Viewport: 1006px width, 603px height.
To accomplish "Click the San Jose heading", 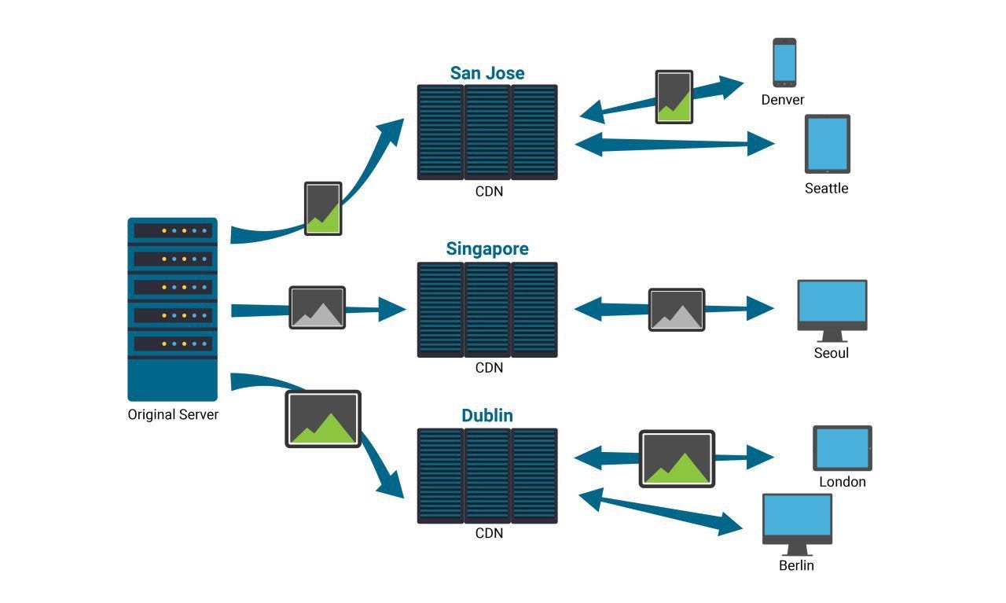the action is tap(487, 73).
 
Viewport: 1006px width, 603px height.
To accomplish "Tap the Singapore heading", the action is tap(487, 249).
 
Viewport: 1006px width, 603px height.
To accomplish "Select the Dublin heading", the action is tap(487, 416).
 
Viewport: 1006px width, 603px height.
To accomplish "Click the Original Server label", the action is tap(173, 414).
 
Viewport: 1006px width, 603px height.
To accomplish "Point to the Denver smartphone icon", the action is tap(784, 62).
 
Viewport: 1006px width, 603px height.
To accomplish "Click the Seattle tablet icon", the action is tap(828, 144).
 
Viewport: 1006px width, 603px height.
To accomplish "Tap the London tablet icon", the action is tap(843, 448).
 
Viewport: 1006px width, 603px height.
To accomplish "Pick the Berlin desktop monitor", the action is tap(797, 524).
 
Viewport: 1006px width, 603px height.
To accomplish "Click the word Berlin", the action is tap(796, 565).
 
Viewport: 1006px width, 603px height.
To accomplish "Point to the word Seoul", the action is tap(832, 353).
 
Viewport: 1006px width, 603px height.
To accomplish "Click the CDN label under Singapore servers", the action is tap(489, 368).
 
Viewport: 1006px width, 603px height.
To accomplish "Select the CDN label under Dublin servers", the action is tap(489, 533).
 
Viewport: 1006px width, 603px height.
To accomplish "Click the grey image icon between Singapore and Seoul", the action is tap(677, 310).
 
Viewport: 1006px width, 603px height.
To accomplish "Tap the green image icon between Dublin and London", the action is tap(677, 459).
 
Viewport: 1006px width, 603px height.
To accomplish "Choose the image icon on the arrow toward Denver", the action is tap(674, 97).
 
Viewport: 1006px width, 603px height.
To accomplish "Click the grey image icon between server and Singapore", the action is tap(317, 307).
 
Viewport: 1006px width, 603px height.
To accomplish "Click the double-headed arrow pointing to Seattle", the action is tap(674, 144).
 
